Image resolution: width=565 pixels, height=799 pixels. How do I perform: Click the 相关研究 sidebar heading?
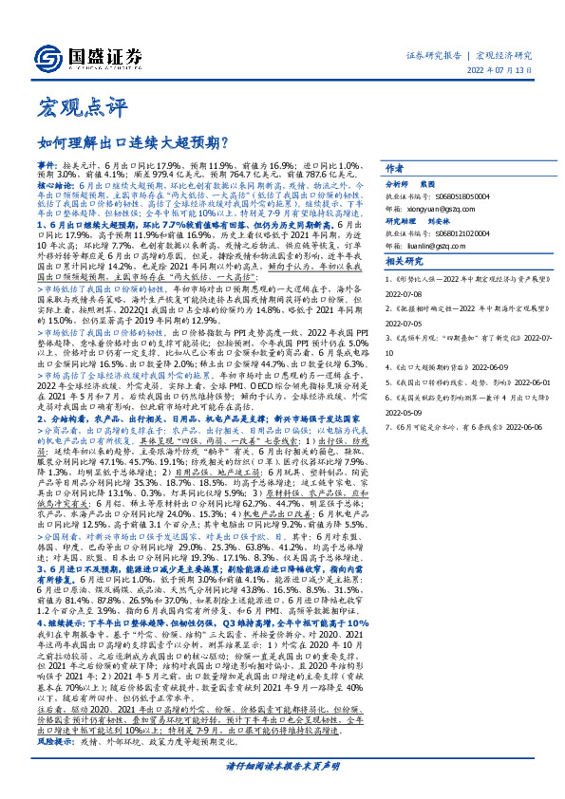click(x=405, y=261)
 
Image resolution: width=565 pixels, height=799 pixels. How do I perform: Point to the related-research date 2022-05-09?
click(x=406, y=414)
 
